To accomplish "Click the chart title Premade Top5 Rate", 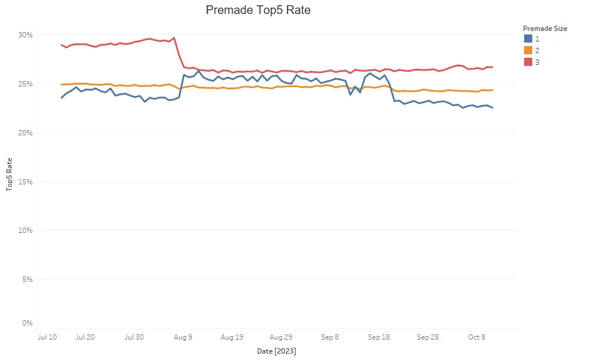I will click(258, 10).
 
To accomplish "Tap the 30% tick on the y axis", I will click(25, 35).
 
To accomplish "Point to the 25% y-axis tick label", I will click(25, 84).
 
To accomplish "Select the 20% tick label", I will click(25, 133).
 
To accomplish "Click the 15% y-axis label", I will click(25, 182).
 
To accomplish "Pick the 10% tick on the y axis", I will click(25, 230).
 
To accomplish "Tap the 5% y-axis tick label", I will click(27, 279).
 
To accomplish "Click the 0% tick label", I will click(27, 323).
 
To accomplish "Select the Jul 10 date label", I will click(47, 337).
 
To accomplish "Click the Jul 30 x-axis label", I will click(134, 337).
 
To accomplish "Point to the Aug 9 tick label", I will click(182, 337).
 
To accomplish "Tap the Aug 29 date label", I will click(281, 337).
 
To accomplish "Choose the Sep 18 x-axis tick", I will click(379, 337).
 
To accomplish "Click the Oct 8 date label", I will click(476, 337).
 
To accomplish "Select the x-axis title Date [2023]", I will click(277, 351).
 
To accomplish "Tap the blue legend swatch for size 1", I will click(528, 39).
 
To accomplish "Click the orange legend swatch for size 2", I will click(528, 50).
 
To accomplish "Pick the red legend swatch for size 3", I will click(528, 62).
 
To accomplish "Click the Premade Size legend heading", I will click(545, 28).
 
